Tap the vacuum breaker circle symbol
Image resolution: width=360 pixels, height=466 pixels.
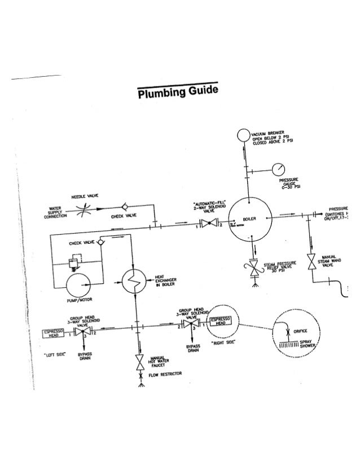pyautogui.click(x=243, y=135)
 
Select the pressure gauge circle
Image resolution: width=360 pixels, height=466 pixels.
pyautogui.click(x=279, y=169)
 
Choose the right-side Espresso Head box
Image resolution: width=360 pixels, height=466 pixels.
pyautogui.click(x=219, y=322)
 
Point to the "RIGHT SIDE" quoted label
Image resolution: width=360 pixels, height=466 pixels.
pyautogui.click(x=222, y=342)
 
